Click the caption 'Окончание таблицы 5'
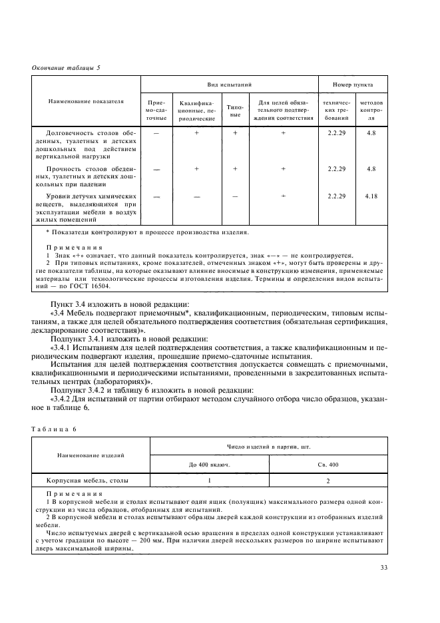(x=66, y=67)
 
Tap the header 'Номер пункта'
(x=352, y=85)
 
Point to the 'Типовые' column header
(x=235, y=110)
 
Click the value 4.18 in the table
(x=371, y=197)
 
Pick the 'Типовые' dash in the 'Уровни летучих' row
(x=235, y=197)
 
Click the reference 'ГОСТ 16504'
(x=93, y=286)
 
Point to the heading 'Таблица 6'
(x=55, y=429)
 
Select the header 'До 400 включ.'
(x=210, y=464)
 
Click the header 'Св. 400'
(x=328, y=464)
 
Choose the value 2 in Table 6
(x=328, y=480)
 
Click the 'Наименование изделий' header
(x=86, y=455)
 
